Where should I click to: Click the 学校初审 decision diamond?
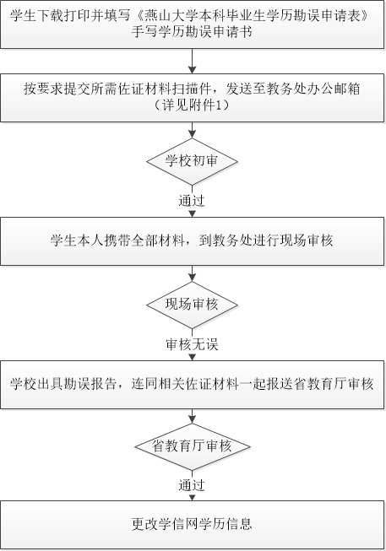[x=192, y=161]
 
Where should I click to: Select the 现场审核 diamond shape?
[x=192, y=305]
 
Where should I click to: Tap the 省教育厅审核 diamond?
[x=192, y=446]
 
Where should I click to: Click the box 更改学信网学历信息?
[x=192, y=525]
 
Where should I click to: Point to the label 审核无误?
[x=192, y=344]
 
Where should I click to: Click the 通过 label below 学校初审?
[x=192, y=201]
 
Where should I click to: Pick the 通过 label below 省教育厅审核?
[x=192, y=486]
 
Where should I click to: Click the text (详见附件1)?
[x=192, y=105]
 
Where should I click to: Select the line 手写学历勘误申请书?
[x=192, y=32]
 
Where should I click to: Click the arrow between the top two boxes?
[x=192, y=61]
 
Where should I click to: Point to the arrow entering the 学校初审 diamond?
[x=192, y=131]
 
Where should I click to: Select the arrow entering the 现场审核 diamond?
[x=192, y=273]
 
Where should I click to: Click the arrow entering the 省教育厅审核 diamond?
[x=192, y=416]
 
